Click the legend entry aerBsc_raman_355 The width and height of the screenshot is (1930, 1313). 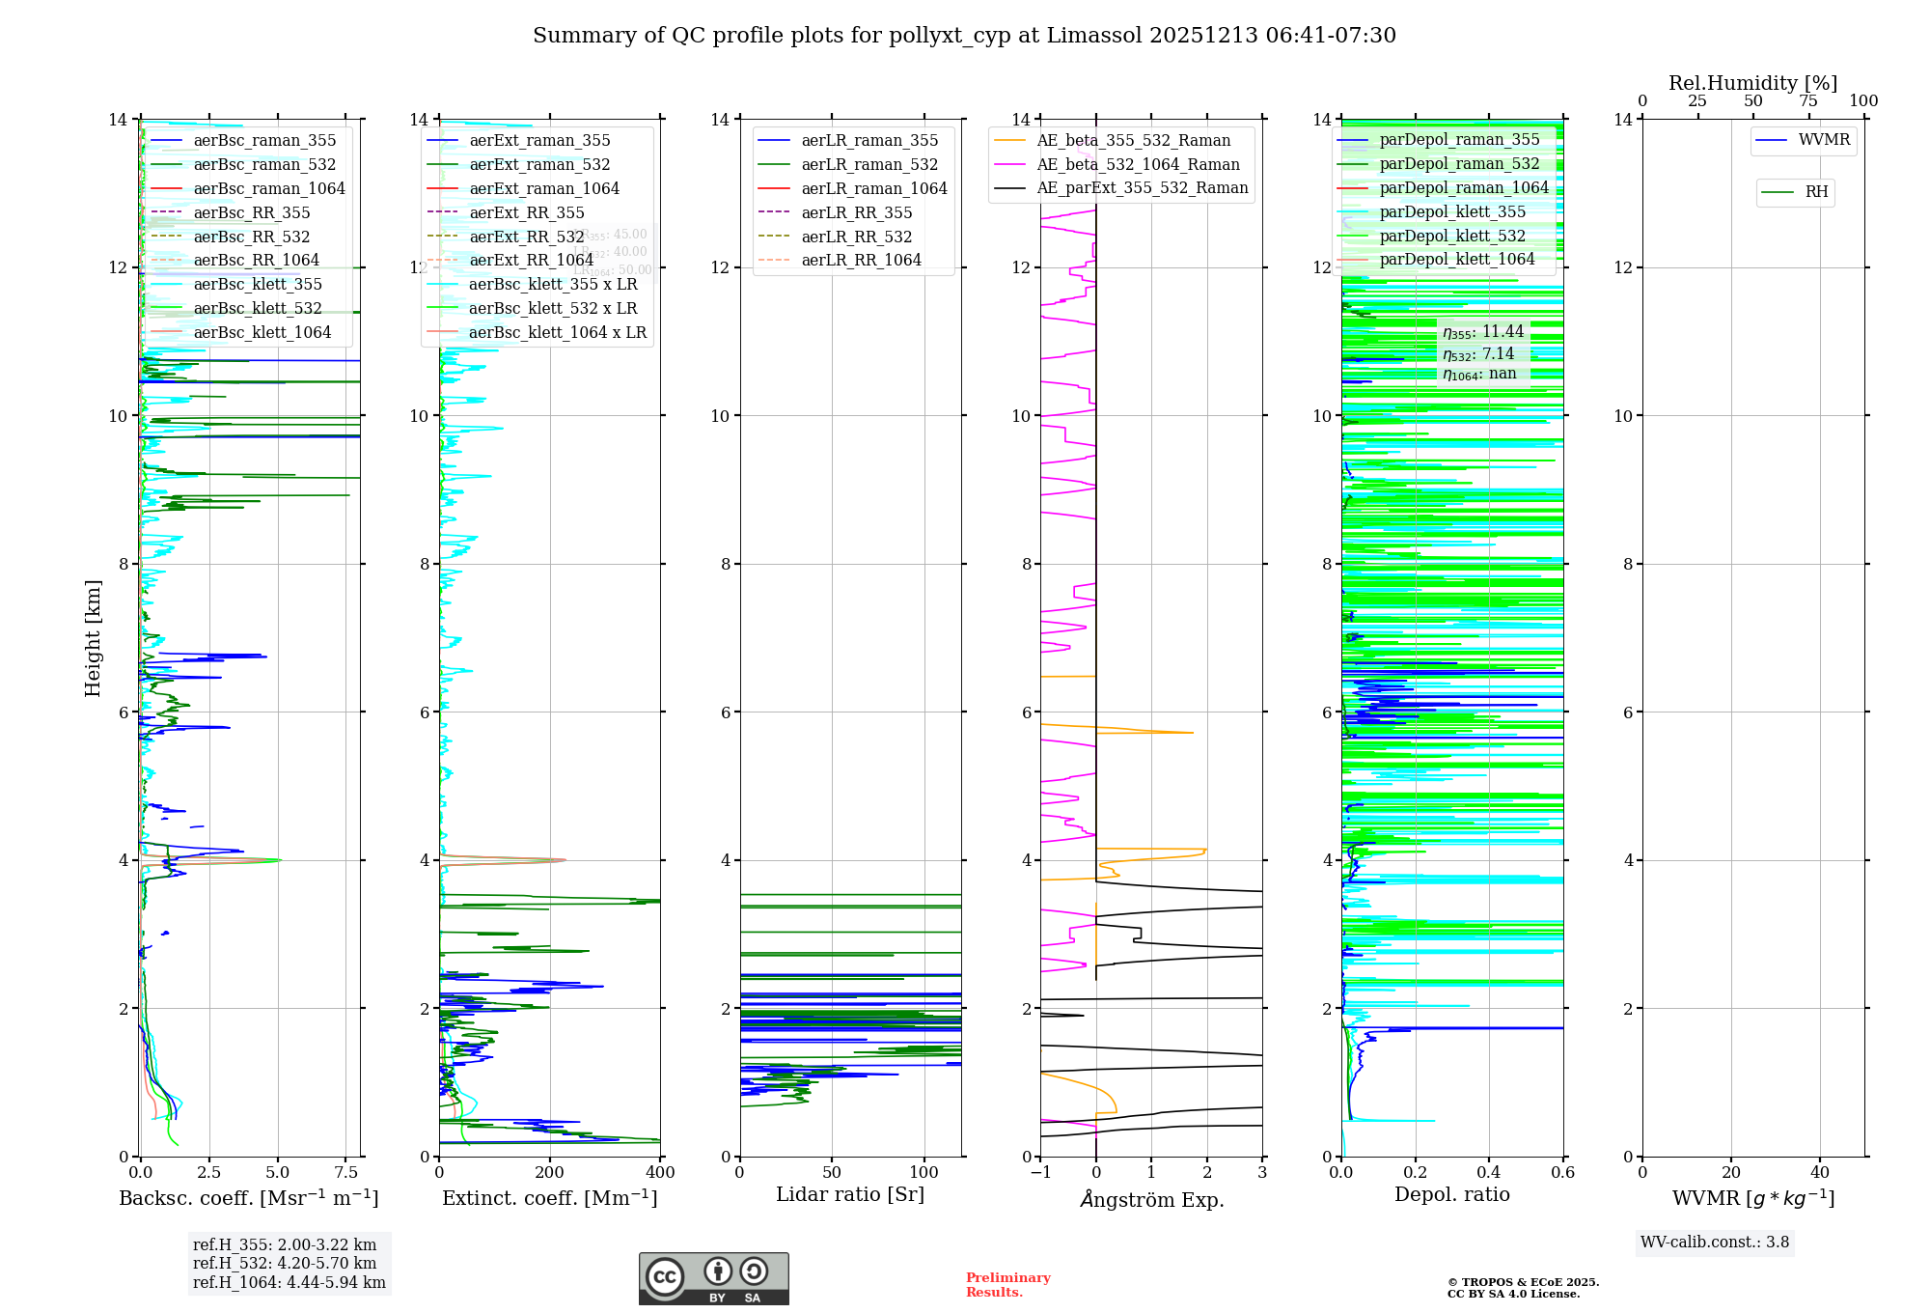point(264,141)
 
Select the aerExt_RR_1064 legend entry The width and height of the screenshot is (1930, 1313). point(531,261)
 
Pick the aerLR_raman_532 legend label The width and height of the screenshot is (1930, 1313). point(868,165)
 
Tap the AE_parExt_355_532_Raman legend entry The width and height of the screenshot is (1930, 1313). point(1142,188)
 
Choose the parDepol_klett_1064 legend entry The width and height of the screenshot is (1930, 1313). point(1456,260)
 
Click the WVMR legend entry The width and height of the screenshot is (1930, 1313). point(1824,140)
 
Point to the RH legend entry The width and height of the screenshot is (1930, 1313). point(1816,192)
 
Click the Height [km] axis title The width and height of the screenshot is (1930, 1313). point(93,638)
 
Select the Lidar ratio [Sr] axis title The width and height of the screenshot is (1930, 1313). point(850,1195)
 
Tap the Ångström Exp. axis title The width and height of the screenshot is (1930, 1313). point(1151,1200)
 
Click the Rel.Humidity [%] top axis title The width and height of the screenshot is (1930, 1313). point(1752,83)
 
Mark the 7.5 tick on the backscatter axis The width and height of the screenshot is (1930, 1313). point(346,1173)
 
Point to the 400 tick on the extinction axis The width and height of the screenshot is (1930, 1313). point(660,1173)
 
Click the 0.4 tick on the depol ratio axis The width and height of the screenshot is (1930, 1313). point(1489,1173)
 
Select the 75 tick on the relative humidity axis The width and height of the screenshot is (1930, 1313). point(1808,101)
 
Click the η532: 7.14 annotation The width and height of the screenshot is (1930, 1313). point(1478,354)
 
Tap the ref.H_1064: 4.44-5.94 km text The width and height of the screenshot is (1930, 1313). point(289,1283)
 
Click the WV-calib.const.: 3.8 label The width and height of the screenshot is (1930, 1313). point(1715,1243)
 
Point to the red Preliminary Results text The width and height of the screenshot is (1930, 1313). point(1007,1285)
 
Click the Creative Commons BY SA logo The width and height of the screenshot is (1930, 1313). point(713,1279)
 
